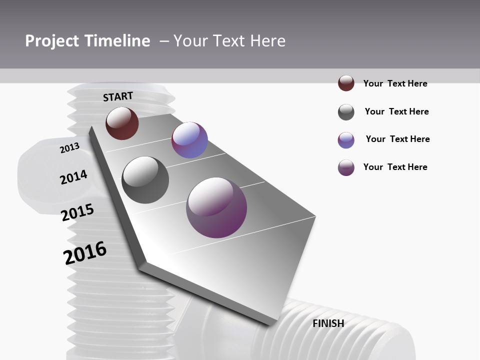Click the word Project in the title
(x=52, y=41)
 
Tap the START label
(x=118, y=96)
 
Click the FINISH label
(x=328, y=323)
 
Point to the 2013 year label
(x=69, y=147)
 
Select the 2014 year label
(x=73, y=177)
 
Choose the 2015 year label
(x=77, y=212)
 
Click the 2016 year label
(x=85, y=252)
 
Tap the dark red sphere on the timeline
(x=122, y=123)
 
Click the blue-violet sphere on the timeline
(x=189, y=140)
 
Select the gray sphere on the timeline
(x=145, y=180)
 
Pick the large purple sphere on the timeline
(x=216, y=207)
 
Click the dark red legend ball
(x=346, y=83)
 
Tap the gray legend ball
(x=346, y=112)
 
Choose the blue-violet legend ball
(x=346, y=140)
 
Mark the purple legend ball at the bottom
(x=346, y=167)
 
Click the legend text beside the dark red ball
(x=395, y=83)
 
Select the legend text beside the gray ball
(x=396, y=111)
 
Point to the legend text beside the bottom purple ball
(x=395, y=167)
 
